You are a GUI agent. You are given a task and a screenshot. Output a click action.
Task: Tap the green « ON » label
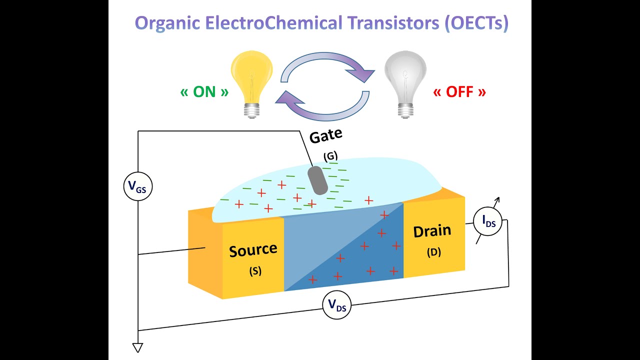(204, 92)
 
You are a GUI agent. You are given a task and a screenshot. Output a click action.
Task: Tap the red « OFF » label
(459, 92)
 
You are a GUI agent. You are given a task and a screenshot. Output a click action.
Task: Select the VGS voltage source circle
(137, 187)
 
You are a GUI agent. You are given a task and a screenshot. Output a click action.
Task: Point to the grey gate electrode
(317, 180)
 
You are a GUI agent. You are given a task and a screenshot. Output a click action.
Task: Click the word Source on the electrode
(253, 250)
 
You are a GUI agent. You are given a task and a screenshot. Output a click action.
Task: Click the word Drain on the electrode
(432, 231)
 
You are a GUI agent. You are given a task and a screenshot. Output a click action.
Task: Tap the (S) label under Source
(255, 271)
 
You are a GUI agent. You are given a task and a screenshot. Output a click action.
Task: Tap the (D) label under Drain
(433, 252)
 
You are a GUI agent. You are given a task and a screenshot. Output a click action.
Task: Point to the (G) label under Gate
(330, 156)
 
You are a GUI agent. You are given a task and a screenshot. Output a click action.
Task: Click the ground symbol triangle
(137, 347)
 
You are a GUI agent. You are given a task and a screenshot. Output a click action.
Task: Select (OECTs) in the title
(475, 23)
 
